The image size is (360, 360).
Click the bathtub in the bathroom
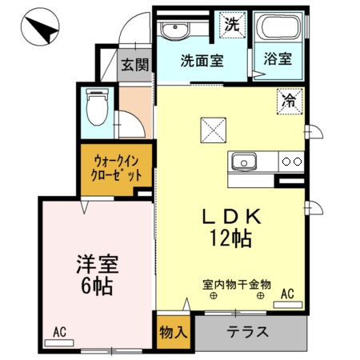pyautogui.click(x=277, y=29)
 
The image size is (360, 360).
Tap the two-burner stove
pyautogui.click(x=290, y=161)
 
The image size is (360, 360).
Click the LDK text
pyautogui.click(x=230, y=216)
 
